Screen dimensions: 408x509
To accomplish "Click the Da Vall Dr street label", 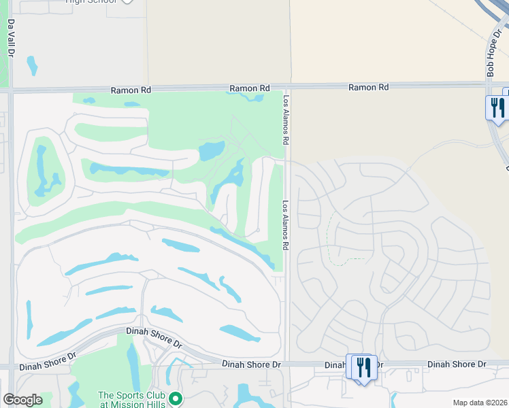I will [x=11, y=37].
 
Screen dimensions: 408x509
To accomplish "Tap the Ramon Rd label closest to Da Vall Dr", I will [x=131, y=89].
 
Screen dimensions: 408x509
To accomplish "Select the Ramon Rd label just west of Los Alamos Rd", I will [x=249, y=88].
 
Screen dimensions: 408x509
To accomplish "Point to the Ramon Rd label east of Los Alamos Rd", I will [x=368, y=87].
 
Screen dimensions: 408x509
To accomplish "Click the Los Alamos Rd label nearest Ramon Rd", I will [x=286, y=120].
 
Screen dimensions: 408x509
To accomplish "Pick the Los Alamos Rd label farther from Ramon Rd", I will [x=286, y=224].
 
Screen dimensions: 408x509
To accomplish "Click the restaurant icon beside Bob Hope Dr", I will [x=497, y=107].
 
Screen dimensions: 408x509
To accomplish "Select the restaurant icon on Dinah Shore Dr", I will [x=362, y=368].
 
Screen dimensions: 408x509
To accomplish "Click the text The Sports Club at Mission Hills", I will [x=131, y=400].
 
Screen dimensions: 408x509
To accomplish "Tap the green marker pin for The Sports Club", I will [x=175, y=398].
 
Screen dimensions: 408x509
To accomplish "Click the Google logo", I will [x=22, y=400].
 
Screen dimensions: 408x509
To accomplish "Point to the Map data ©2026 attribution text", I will [x=480, y=403].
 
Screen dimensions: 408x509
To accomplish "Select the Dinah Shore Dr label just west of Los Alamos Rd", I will [x=251, y=365].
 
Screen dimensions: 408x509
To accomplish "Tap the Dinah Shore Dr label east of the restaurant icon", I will [x=457, y=364].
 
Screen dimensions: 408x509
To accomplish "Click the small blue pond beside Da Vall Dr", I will [x=31, y=65].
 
